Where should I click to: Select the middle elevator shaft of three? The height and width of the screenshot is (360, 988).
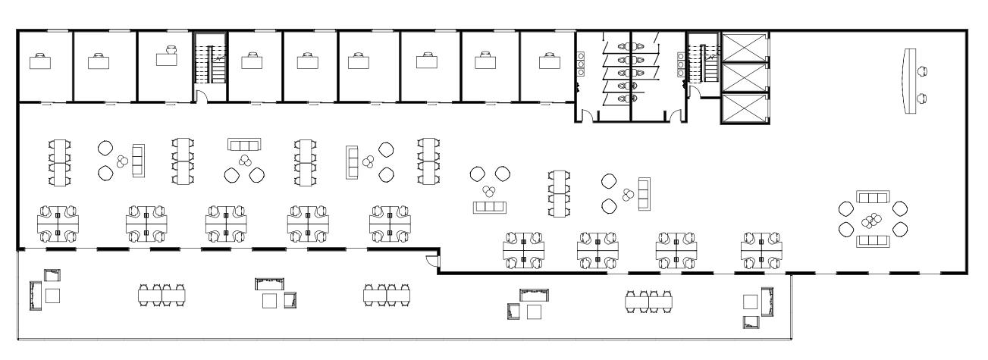tap(744, 77)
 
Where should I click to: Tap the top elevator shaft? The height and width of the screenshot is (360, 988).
tap(744, 48)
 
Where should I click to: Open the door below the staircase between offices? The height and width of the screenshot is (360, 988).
tap(201, 97)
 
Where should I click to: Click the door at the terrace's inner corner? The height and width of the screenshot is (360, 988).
tap(432, 261)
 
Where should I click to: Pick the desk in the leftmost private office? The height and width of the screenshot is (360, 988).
tap(39, 63)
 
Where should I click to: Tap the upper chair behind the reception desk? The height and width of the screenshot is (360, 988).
tap(923, 71)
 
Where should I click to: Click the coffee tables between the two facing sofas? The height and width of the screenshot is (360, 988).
tap(872, 220)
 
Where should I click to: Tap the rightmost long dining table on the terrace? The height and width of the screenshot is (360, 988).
tap(648, 301)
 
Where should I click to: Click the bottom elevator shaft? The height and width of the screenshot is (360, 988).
tap(744, 108)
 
